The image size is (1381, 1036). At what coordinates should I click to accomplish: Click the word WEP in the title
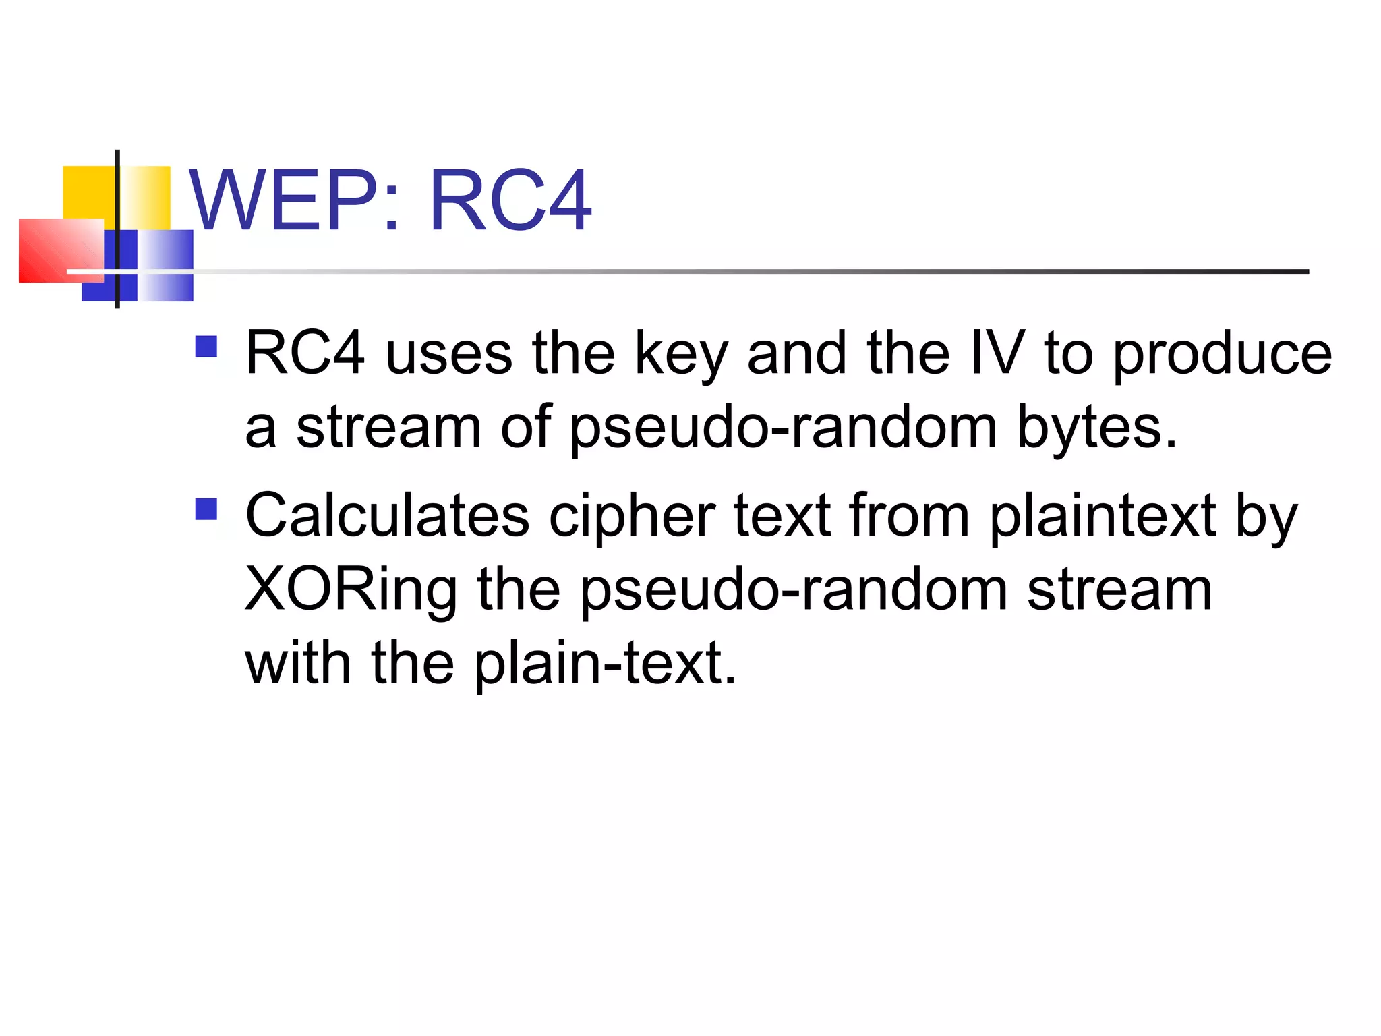(283, 200)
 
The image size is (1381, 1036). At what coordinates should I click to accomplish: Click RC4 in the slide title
(510, 200)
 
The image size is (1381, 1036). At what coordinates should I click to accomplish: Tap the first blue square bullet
(206, 347)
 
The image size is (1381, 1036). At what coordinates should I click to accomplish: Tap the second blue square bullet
(206, 509)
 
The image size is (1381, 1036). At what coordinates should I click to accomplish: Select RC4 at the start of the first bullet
(305, 353)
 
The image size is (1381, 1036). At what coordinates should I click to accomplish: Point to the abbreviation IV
(997, 353)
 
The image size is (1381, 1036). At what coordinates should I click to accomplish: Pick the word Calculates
(387, 516)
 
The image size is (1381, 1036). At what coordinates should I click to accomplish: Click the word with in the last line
(297, 664)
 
